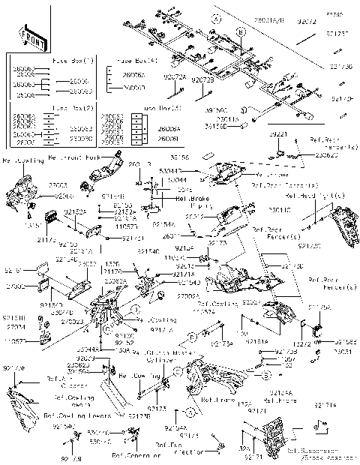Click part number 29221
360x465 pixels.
coord(278,133)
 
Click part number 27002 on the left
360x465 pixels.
coord(15,286)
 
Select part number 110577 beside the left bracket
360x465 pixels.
coord(15,341)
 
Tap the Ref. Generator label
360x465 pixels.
coord(136,455)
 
